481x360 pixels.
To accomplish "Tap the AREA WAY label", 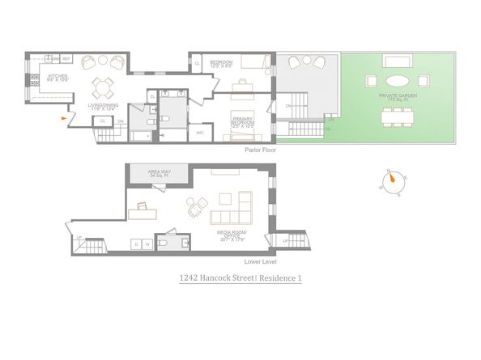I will (157, 173).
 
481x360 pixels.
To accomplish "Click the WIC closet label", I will (201, 133).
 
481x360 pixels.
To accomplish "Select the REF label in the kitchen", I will (66, 59).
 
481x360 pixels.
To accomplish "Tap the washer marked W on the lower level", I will (149, 244).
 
